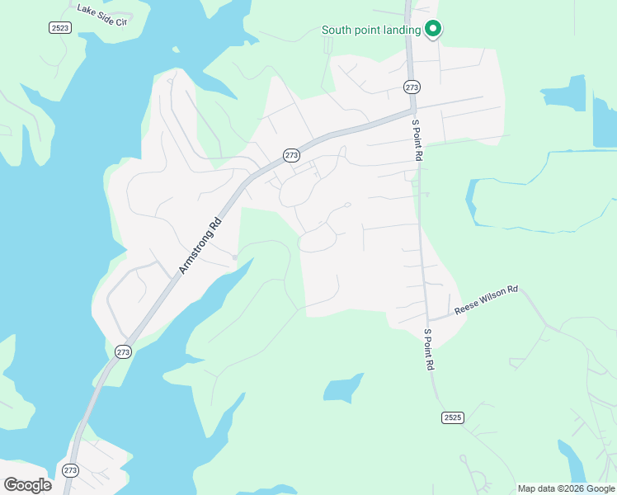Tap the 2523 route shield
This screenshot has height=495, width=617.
coord(59,27)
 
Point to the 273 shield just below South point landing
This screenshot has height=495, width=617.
coord(412,87)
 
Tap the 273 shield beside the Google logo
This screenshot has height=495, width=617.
coord(70,470)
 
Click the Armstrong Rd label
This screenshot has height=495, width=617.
coord(200,245)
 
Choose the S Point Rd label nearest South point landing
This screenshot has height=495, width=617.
coord(418,139)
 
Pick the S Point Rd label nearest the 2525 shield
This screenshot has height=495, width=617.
coord(429,351)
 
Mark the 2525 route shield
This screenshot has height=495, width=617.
coord(451,417)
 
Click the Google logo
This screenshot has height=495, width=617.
coord(27,485)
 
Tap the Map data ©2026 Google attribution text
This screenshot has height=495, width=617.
coord(567,488)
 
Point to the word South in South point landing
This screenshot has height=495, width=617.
coord(337,31)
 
